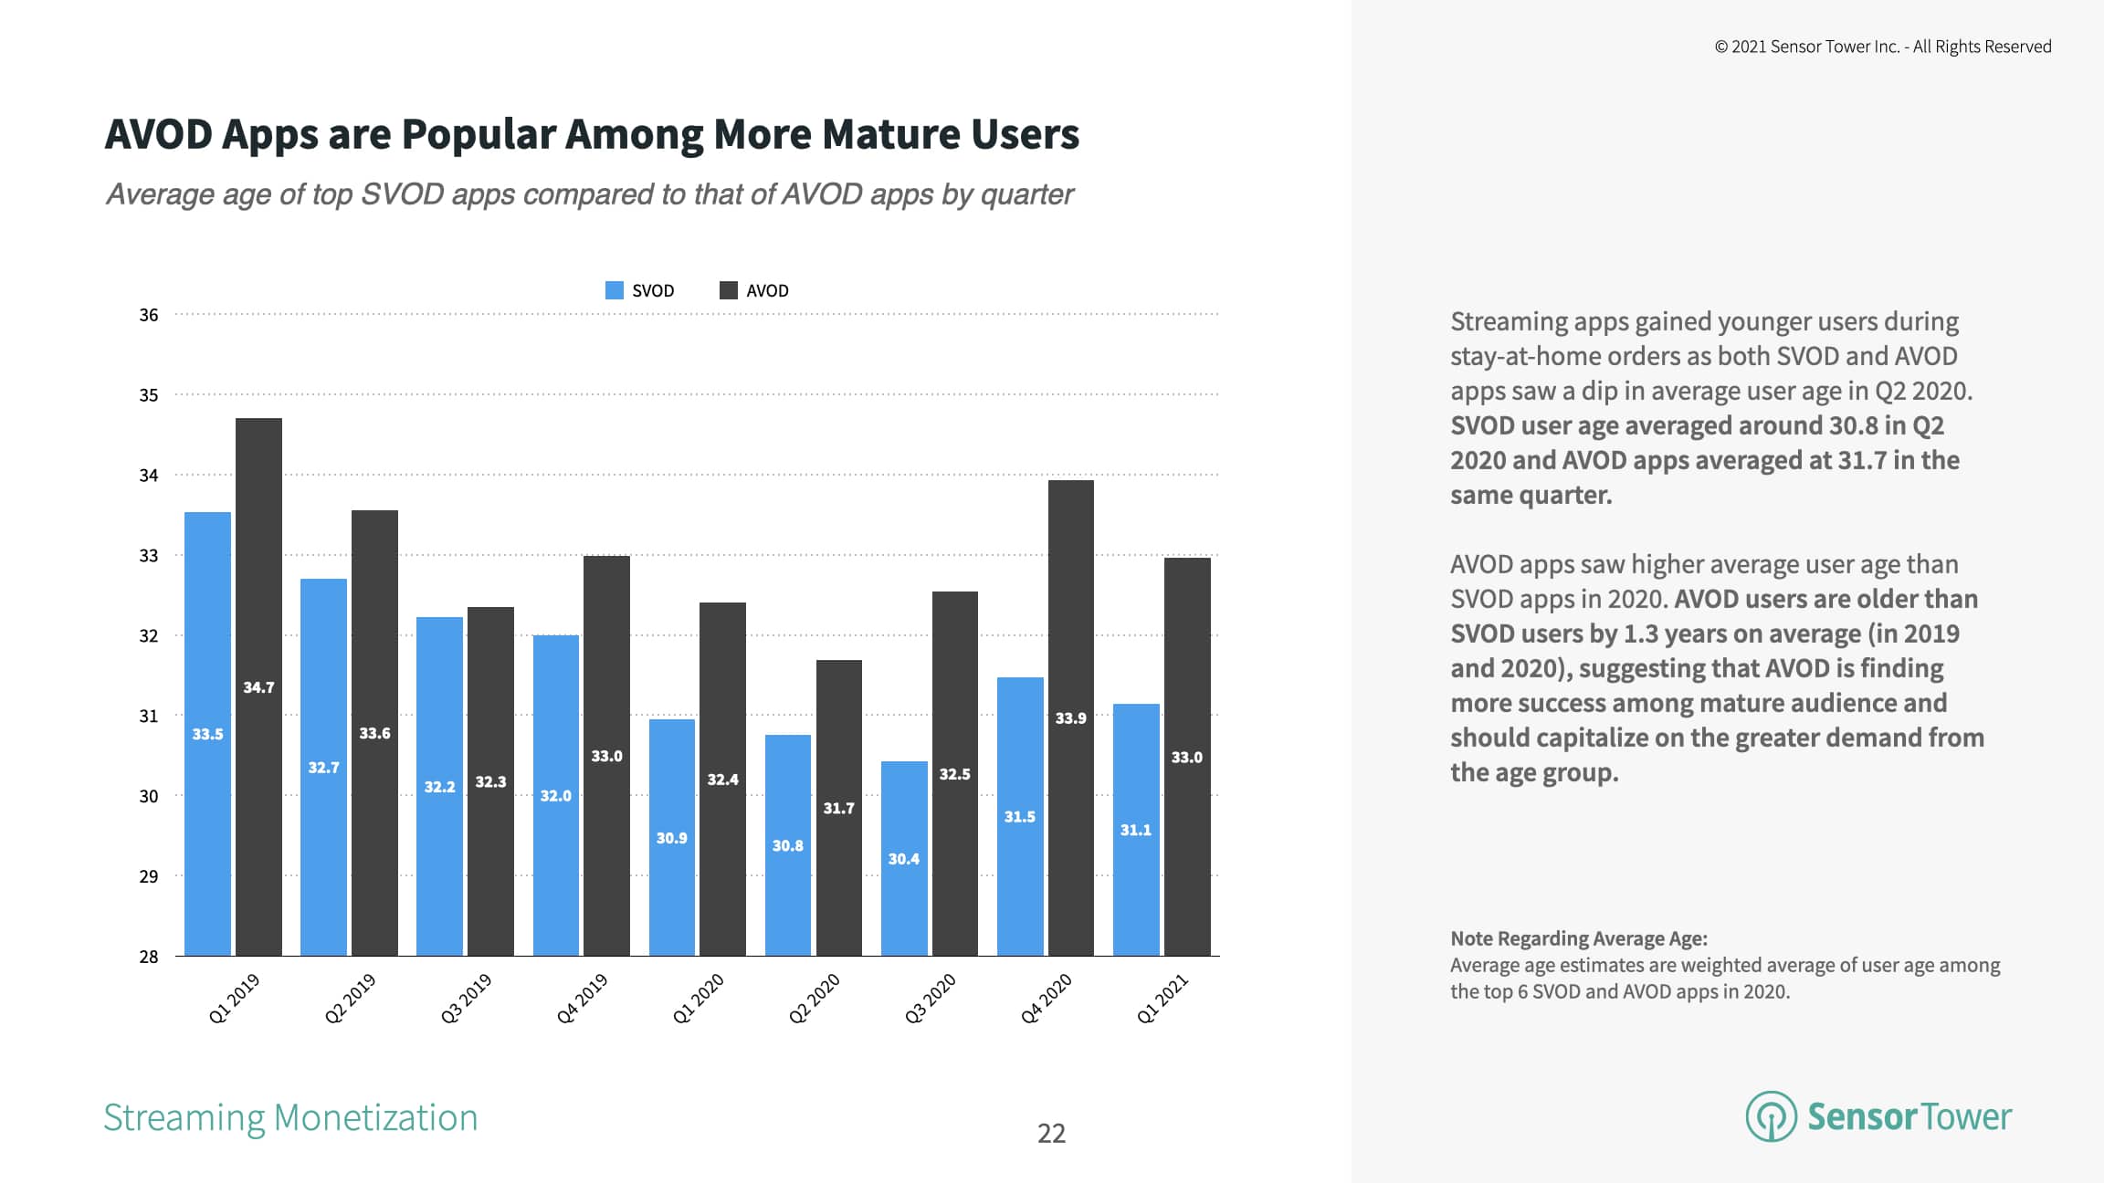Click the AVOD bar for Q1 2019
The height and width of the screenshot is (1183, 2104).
point(258,685)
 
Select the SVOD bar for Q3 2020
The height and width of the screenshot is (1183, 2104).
point(904,858)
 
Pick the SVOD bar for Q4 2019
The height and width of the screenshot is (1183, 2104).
point(555,794)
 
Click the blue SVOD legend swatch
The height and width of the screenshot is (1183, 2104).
point(614,290)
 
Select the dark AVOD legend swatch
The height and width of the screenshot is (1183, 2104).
point(728,290)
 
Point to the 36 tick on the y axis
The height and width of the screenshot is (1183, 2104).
point(148,315)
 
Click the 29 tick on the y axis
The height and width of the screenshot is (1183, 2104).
point(148,876)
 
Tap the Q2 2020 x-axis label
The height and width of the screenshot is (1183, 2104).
point(814,999)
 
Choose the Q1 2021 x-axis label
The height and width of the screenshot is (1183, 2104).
point(1162,999)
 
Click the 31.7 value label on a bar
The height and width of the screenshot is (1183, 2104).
point(838,808)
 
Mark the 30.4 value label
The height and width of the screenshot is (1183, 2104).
point(904,859)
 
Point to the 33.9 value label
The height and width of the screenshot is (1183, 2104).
point(1070,718)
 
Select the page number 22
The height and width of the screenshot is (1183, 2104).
point(1051,1133)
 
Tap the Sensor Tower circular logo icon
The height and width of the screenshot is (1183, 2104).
point(1771,1116)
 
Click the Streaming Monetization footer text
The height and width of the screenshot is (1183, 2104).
point(290,1117)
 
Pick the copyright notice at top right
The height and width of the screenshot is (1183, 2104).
point(1882,47)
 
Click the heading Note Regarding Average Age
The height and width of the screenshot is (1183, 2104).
point(1578,938)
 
